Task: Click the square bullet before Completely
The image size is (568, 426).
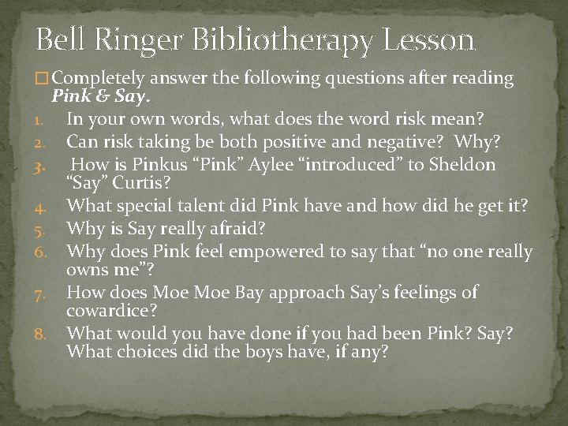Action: (42, 79)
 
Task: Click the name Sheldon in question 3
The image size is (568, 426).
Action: (470, 164)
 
